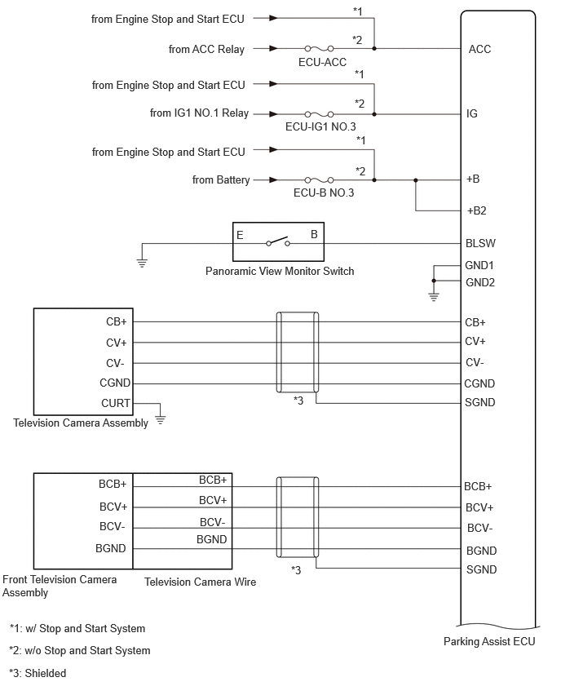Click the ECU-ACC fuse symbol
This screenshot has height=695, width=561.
[x=319, y=48]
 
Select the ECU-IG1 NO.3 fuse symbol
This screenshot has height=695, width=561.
[x=319, y=114]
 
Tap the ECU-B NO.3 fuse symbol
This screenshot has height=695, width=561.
[x=319, y=180]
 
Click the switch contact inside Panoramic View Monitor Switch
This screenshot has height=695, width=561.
[x=278, y=242]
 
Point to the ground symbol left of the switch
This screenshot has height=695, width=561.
[x=142, y=263]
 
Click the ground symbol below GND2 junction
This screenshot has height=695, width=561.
[x=433, y=297]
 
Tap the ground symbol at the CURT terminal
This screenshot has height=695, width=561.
[x=161, y=420]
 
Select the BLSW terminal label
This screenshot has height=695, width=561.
[x=480, y=243]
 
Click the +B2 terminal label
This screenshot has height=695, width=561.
[x=476, y=210]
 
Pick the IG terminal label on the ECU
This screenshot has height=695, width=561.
[x=472, y=114]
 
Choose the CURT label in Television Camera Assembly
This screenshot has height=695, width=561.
[x=116, y=403]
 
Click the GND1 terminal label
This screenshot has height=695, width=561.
[x=479, y=265]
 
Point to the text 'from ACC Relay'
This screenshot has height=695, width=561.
[x=206, y=49]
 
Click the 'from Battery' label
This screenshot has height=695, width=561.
[x=221, y=180]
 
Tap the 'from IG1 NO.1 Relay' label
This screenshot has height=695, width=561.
[x=200, y=113]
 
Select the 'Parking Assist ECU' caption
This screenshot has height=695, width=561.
[x=489, y=641]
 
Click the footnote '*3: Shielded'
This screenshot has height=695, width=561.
[x=38, y=673]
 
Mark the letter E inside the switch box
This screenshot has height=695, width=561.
[x=240, y=235]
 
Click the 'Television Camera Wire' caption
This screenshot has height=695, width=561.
[x=201, y=582]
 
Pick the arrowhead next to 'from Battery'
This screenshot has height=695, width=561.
[x=273, y=180]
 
